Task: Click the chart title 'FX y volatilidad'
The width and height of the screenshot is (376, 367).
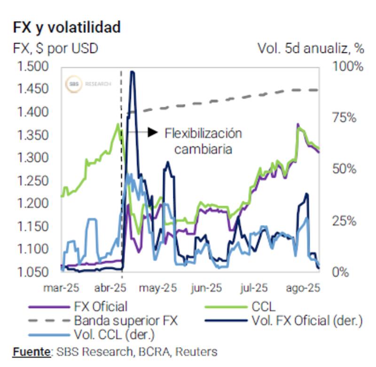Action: point(66,27)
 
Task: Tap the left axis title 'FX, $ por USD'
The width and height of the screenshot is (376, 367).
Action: point(55,48)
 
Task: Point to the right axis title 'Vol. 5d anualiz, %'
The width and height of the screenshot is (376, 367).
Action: point(311,48)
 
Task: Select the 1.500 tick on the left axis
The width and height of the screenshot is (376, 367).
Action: point(32,66)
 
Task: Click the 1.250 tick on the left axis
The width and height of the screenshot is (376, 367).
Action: point(32,181)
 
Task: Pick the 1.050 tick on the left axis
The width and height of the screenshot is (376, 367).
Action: point(32,272)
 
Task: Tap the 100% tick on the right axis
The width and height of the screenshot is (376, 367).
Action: point(348,66)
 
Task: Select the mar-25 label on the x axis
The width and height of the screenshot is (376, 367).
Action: point(61,288)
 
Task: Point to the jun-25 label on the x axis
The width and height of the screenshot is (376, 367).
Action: point(206,288)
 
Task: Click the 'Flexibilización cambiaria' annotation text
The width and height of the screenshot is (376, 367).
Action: point(203,141)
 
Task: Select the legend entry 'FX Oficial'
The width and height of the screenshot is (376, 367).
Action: point(100,307)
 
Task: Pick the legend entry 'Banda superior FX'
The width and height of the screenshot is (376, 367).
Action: point(126,321)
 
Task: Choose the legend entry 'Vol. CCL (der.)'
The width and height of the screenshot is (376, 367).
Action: point(114,335)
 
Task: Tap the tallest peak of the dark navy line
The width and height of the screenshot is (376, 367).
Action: point(133,72)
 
